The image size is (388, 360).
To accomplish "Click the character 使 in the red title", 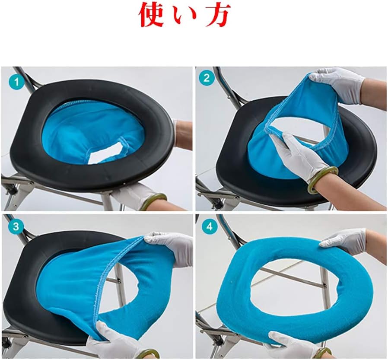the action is point(151,15).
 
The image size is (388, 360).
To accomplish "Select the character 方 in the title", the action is point(217,15).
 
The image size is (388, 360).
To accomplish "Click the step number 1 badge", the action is point(16,81).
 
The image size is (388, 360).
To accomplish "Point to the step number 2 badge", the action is point(206,78).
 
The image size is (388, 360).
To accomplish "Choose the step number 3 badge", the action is point(16,226).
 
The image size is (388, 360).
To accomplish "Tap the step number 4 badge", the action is point(210,226).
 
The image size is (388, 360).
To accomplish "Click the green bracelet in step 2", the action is point(323,178).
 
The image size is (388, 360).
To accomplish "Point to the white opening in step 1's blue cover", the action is point(106,155).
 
